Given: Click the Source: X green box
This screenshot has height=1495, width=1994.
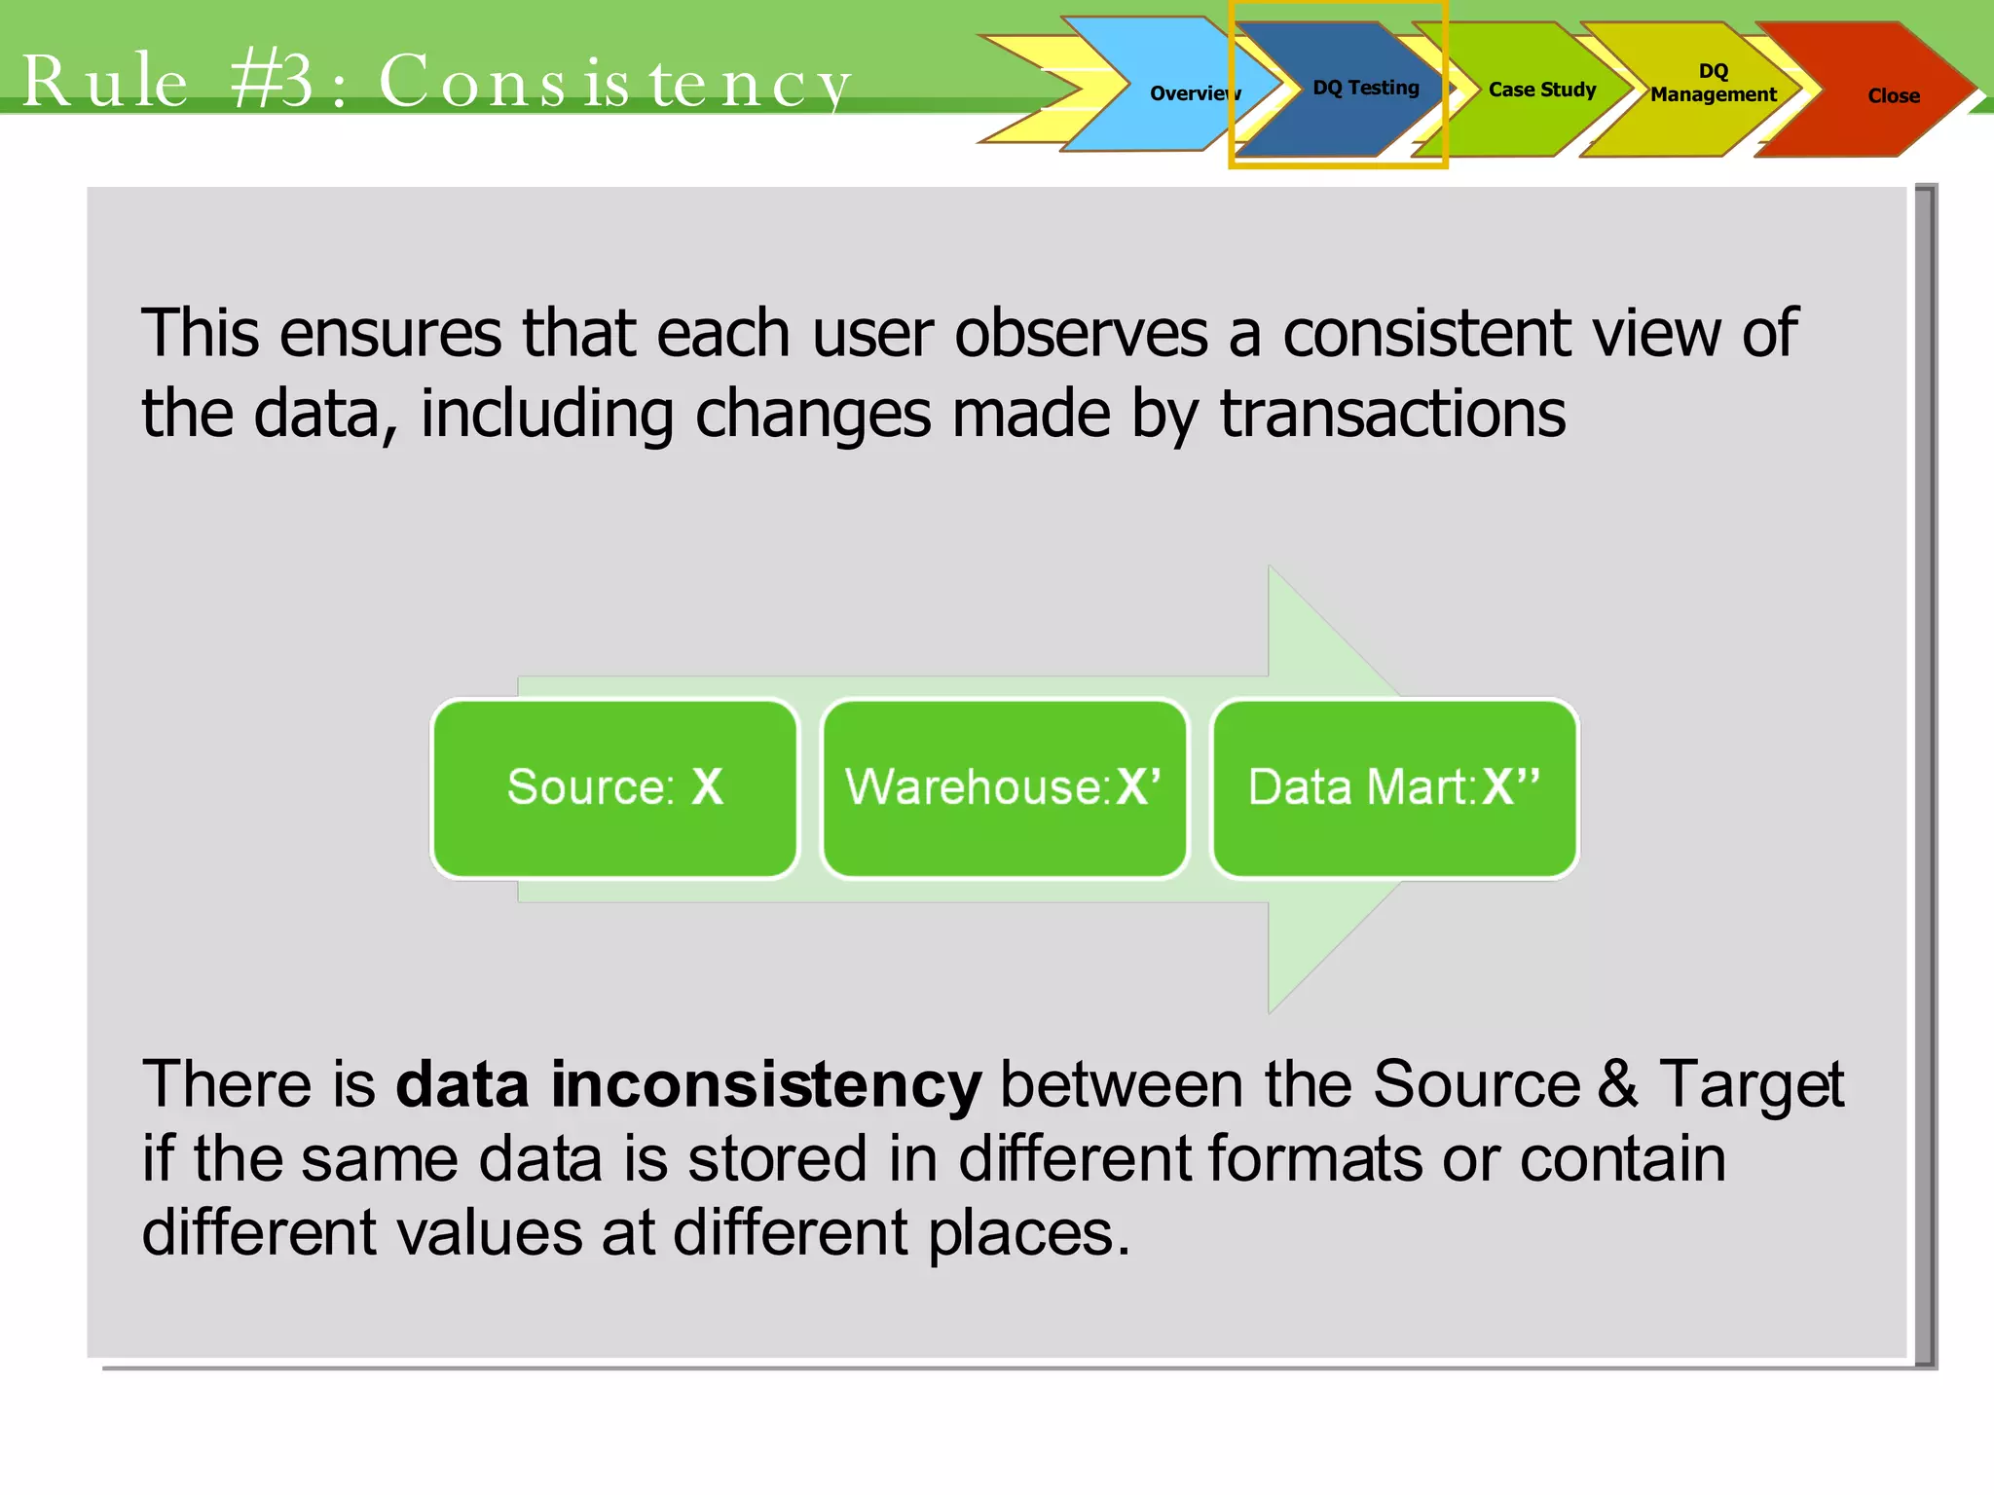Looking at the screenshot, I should tap(615, 787).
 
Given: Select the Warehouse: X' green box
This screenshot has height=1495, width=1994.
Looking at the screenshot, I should tap(1004, 787).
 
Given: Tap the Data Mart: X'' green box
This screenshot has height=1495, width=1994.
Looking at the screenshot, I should tap(1393, 787).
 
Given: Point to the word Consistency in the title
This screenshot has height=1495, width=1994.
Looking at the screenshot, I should tap(614, 82).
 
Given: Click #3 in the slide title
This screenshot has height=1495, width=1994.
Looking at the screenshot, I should tap(273, 82).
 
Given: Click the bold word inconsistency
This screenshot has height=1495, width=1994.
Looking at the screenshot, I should tap(766, 1084).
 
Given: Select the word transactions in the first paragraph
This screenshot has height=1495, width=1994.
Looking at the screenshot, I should tap(1392, 414).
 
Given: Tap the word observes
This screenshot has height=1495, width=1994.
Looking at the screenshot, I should tap(1081, 334).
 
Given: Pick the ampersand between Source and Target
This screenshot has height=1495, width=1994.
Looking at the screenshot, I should tap(1617, 1084).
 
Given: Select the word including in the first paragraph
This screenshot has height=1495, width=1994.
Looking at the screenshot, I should tap(546, 414).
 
